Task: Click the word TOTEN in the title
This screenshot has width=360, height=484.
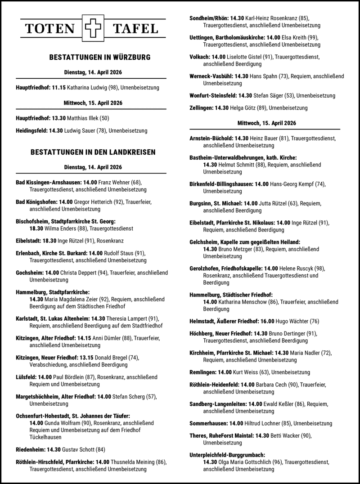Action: coord(50,29)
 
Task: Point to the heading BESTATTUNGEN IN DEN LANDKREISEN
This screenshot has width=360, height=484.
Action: coord(93,152)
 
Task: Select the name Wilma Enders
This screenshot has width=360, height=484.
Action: coord(59,228)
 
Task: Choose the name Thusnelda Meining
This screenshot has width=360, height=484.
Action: coord(132,462)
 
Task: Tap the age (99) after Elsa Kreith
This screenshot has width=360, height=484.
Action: coord(313,38)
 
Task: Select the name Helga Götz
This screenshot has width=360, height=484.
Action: coord(243,108)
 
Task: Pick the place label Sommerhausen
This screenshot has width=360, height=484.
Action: coord(209,423)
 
